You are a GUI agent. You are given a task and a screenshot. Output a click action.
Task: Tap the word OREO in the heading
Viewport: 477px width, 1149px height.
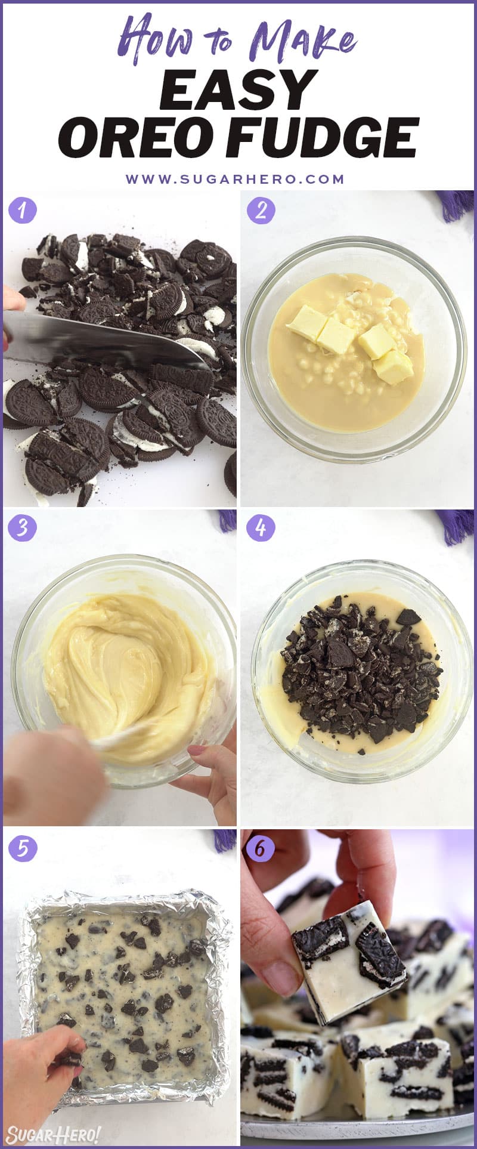[136, 138]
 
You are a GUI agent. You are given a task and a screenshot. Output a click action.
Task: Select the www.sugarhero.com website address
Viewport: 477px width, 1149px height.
[235, 179]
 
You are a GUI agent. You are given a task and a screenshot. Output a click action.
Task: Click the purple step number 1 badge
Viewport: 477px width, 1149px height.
[23, 211]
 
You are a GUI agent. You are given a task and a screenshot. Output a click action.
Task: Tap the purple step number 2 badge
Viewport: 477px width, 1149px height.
[261, 211]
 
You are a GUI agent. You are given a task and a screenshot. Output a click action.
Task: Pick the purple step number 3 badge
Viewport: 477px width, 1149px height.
[23, 529]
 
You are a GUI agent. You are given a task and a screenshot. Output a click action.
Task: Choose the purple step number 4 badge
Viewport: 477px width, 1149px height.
[261, 529]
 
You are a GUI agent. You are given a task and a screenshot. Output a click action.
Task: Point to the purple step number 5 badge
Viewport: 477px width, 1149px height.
[23, 848]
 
